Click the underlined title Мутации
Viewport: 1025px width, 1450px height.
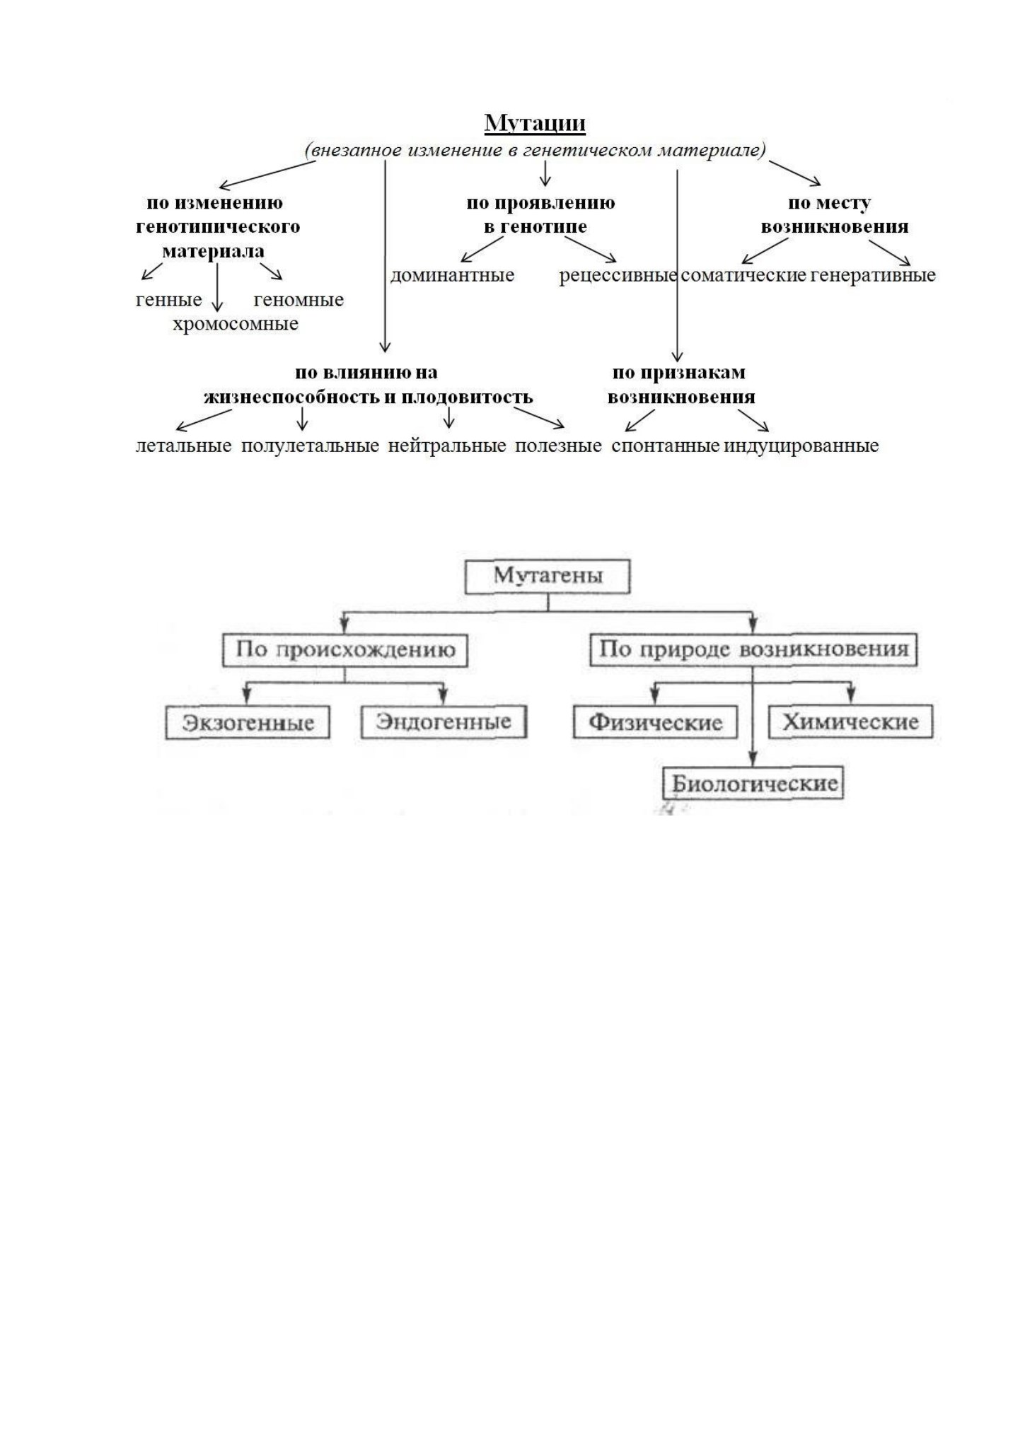535,123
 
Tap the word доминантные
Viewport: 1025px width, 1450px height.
452,275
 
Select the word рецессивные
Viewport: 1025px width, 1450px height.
618,275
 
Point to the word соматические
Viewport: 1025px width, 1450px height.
743,275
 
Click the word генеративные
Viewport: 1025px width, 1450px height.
873,275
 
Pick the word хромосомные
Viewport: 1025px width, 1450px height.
236,324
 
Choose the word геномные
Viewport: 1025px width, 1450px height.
299,300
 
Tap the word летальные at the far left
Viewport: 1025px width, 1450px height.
184,446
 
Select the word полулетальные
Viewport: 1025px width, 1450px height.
311,446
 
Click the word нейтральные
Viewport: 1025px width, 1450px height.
447,446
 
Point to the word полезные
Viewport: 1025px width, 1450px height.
558,446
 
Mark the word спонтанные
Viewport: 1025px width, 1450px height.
666,446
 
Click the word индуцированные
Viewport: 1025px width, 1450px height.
801,446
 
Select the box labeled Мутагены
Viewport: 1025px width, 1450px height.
548,576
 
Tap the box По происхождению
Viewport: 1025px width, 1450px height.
345,650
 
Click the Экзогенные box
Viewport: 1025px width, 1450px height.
248,723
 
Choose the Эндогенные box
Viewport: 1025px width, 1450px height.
444,722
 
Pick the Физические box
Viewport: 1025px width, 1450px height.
655,722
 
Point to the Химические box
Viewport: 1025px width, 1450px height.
851,722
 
